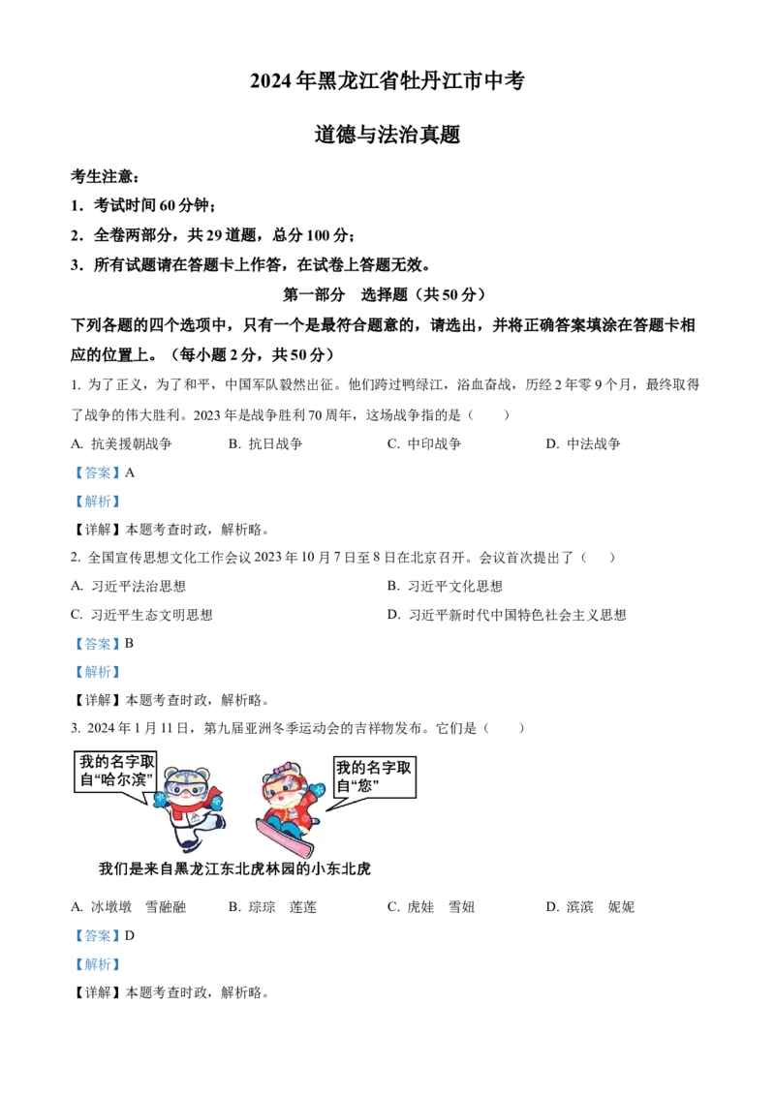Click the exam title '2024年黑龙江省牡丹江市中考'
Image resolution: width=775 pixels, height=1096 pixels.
pos(387,81)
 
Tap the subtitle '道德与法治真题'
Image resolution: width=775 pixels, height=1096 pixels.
pos(387,135)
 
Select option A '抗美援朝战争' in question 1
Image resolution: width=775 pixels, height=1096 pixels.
pos(122,443)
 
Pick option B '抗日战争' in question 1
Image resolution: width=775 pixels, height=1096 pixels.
pos(265,443)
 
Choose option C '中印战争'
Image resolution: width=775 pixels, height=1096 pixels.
pos(424,443)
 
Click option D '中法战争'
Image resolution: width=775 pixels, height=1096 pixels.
pos(583,443)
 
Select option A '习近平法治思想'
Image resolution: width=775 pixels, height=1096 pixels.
pos(129,587)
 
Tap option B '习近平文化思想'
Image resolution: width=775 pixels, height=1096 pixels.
pos(445,587)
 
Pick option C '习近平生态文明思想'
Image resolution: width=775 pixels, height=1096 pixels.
pos(142,615)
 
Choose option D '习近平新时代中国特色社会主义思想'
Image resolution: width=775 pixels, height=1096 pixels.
pos(507,615)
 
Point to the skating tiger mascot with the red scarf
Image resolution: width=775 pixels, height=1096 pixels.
pos(189,807)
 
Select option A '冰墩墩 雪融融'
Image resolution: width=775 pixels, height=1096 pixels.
pos(129,906)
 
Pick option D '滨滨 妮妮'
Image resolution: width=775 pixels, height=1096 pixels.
pos(590,906)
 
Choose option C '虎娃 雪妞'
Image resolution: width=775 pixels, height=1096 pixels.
pos(431,906)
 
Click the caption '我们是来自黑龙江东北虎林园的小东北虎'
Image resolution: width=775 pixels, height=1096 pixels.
pos(235,868)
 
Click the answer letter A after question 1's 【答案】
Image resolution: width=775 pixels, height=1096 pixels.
pos(130,472)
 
